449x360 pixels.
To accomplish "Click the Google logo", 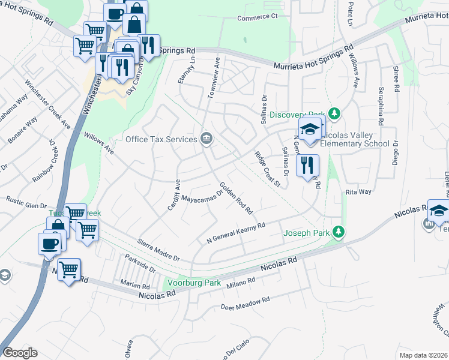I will point(20,353).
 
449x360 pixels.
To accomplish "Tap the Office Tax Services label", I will point(161,139).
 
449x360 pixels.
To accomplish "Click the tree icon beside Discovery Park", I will point(336,114).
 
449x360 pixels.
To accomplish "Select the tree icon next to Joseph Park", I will point(339,232).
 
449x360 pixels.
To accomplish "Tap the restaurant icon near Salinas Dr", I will point(307,165).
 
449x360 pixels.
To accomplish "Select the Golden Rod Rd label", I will point(236,198).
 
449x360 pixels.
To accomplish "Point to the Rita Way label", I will point(358,192).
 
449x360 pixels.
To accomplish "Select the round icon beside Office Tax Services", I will point(206,139).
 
